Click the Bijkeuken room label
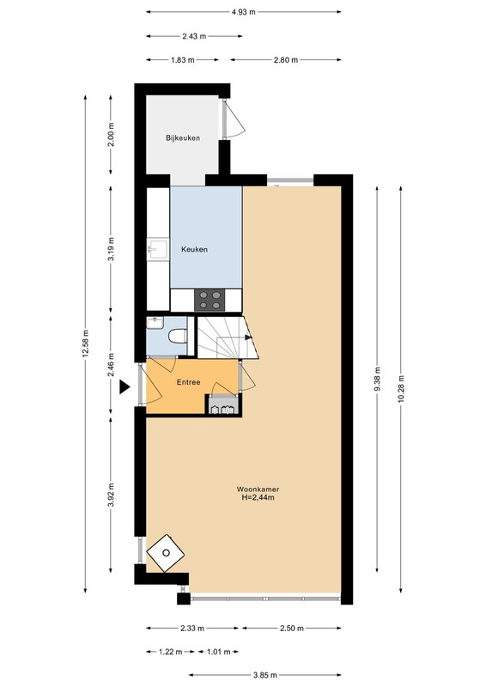point(183,137)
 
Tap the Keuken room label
point(195,249)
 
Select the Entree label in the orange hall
point(188,382)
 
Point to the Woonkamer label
point(258,489)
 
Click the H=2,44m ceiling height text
point(258,497)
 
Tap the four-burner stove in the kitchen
point(210,300)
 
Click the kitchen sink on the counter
point(157,250)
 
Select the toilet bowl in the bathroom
point(178,337)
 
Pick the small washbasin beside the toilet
point(155,324)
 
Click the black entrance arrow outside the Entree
point(125,387)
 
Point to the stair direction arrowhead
point(248,337)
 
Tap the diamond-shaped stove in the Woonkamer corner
point(165,553)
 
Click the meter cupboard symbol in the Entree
point(223,404)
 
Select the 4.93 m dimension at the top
point(244,12)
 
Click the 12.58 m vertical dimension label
point(85,343)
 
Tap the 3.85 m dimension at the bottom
point(264,675)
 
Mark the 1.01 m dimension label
point(218,652)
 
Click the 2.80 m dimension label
point(286,60)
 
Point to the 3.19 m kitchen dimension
point(111,249)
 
